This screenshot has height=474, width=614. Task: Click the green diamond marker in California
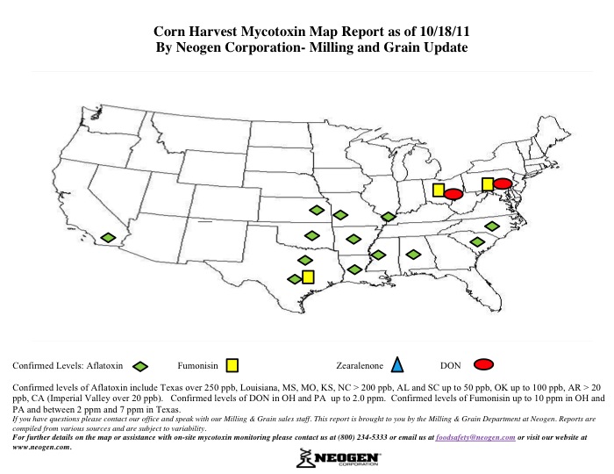click(x=108, y=238)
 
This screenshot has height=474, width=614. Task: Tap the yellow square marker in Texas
click(x=308, y=277)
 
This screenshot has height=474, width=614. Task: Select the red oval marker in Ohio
click(x=453, y=194)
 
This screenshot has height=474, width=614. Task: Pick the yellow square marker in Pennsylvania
click(x=487, y=183)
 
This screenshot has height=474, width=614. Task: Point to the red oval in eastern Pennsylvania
click(x=503, y=183)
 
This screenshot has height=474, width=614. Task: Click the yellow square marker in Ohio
click(x=439, y=190)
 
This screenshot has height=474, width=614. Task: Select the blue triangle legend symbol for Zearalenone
click(x=397, y=363)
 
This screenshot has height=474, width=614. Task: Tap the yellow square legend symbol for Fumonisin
click(x=232, y=363)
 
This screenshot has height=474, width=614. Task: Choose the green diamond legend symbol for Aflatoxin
click(x=139, y=364)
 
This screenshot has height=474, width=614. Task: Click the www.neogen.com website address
click(x=40, y=446)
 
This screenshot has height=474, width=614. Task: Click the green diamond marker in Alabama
click(x=412, y=255)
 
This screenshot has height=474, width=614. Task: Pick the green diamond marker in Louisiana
click(x=353, y=269)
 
